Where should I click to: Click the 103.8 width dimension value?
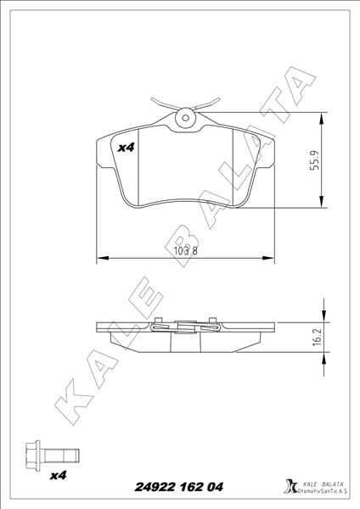[185, 251]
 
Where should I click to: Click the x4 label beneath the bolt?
[58, 474]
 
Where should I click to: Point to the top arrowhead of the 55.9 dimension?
[321, 118]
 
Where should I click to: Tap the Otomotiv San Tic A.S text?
[316, 490]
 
